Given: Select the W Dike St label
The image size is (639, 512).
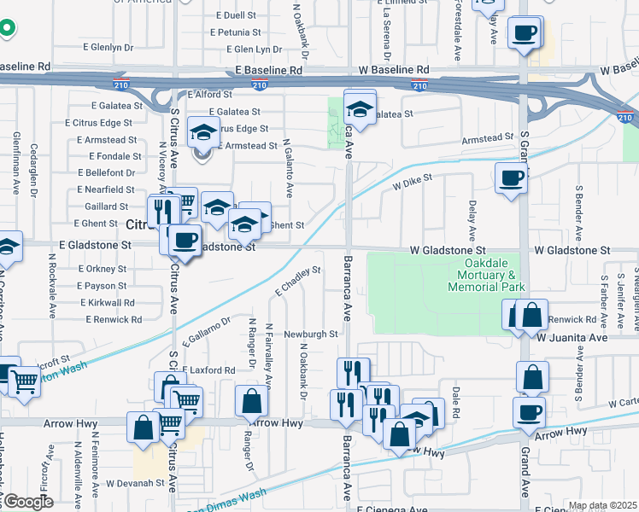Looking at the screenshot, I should coord(413,182).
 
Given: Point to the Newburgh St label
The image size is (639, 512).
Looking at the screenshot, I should coord(312,334).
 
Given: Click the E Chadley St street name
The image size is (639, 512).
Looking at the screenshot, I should coord(297,281).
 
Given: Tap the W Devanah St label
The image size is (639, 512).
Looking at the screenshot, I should coord(135,483).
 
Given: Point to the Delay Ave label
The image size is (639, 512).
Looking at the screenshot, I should coord(472,219).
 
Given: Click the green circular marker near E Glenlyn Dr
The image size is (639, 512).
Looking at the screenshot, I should coord(7,28).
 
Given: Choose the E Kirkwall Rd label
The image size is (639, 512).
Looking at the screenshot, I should coord(108,303).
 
